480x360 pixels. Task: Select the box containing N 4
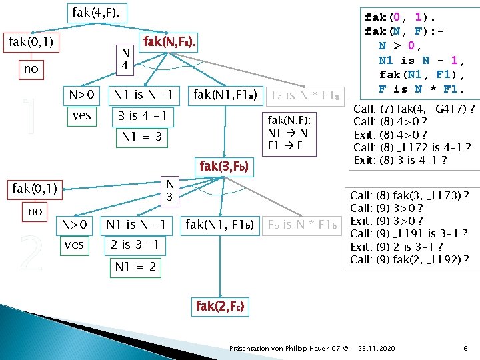click(x=124, y=60)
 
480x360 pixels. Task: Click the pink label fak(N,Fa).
click(x=169, y=43)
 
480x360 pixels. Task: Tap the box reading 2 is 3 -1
click(x=135, y=245)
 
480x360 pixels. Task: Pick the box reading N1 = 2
click(x=135, y=267)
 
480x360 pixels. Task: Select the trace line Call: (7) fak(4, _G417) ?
click(x=413, y=109)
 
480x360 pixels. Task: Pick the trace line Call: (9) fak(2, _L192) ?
click(x=409, y=259)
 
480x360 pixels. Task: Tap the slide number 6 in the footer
click(x=464, y=349)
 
